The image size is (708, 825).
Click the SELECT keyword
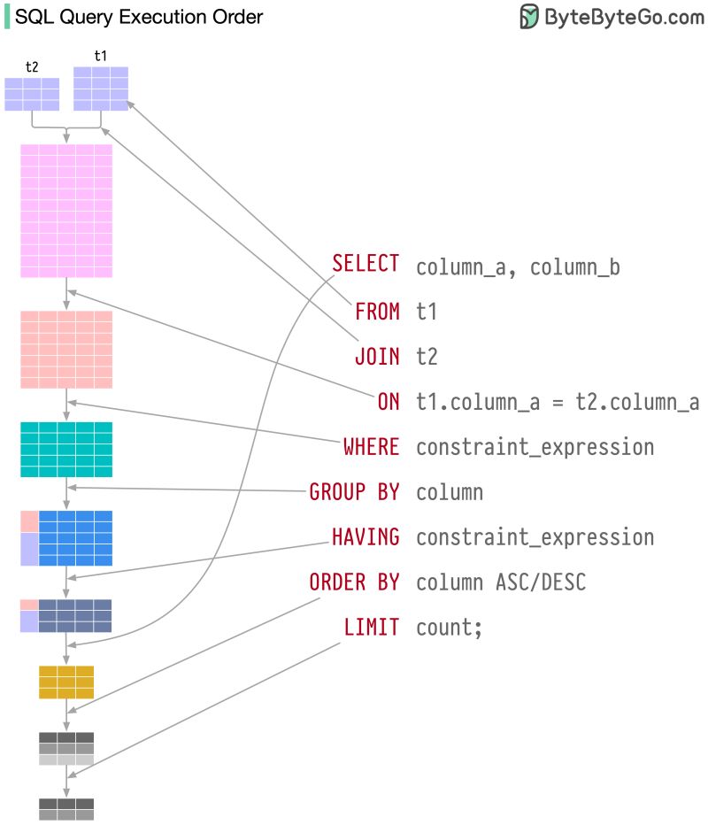point(366,263)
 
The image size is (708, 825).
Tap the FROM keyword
point(377,311)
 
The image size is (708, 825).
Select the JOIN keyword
point(377,356)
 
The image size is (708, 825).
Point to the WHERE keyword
point(371,447)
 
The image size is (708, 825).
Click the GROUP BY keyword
point(354,492)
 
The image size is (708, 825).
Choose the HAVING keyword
point(365,536)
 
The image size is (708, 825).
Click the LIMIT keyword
point(371,628)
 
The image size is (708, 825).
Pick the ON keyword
point(389,402)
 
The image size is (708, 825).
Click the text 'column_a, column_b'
point(518,266)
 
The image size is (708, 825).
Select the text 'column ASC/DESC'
point(501,582)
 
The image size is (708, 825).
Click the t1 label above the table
point(100,56)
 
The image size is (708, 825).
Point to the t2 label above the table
point(32,66)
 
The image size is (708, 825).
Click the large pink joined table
point(66,211)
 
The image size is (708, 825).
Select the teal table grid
point(66,449)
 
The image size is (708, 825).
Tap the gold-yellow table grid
point(66,682)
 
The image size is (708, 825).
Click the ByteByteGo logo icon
point(529,16)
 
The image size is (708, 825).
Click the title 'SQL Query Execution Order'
point(139,17)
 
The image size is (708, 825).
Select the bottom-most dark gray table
point(66,808)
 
